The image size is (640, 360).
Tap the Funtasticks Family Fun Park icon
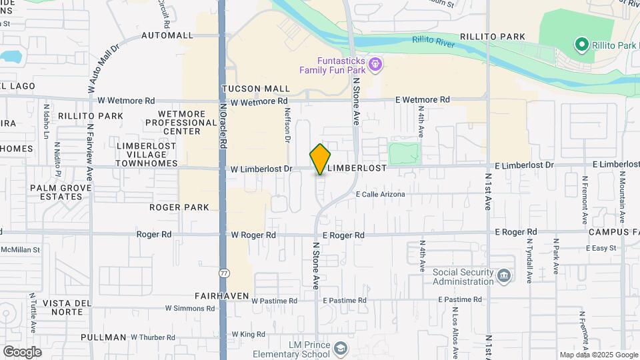[376, 64]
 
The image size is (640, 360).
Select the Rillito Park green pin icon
[581, 45]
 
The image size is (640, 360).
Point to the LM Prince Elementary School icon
[341, 349]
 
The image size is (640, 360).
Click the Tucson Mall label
[255, 88]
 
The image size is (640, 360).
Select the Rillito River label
[437, 41]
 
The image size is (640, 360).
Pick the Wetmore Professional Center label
[181, 123]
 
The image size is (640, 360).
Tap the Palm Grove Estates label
[55, 192]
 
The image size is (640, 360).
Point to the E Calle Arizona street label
[381, 194]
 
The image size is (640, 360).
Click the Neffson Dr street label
[288, 125]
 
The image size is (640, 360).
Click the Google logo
[22, 351]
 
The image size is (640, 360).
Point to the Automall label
[167, 35]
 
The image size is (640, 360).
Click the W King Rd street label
[248, 334]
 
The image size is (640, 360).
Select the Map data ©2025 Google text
[597, 355]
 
